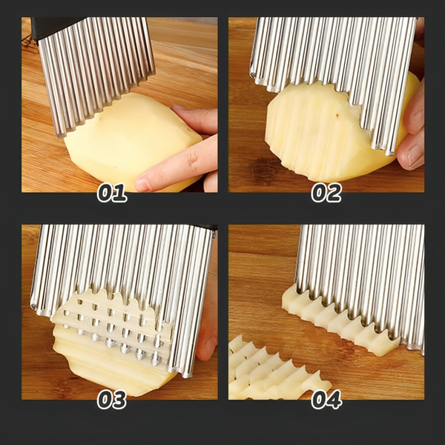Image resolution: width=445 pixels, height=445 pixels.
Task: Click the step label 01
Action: pyautogui.click(x=112, y=194)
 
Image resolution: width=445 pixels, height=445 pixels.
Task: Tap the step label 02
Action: pyautogui.click(x=326, y=194)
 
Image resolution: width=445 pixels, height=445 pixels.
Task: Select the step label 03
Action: pyautogui.click(x=112, y=400)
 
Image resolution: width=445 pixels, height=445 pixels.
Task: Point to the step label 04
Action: pyautogui.click(x=326, y=400)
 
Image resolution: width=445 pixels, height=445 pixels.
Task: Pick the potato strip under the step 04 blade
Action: pyautogui.click(x=341, y=319)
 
